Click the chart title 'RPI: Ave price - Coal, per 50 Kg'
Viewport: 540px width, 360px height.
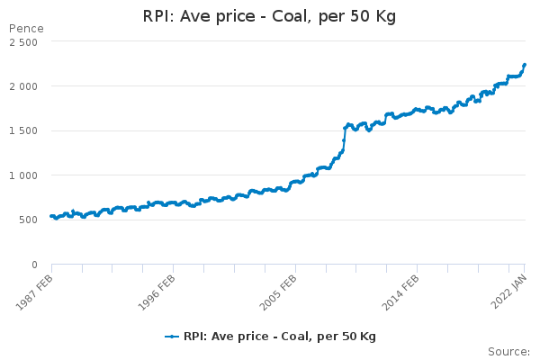[270, 17]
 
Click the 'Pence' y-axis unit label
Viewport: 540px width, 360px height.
[25, 29]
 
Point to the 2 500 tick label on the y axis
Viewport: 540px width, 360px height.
[22, 42]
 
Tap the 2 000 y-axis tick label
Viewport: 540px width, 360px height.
[22, 86]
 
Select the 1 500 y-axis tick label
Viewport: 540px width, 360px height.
[22, 131]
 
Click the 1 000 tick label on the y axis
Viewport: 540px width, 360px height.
[22, 175]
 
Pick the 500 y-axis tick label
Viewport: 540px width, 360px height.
[28, 220]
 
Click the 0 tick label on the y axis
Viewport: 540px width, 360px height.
[34, 265]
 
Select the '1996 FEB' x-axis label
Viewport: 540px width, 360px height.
[153, 290]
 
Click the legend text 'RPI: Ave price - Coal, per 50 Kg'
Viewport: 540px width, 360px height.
[279, 337]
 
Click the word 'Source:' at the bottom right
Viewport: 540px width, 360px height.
[508, 351]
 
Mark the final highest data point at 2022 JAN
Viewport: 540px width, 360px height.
[525, 65]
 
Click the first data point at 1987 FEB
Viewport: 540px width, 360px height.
[51, 216]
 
